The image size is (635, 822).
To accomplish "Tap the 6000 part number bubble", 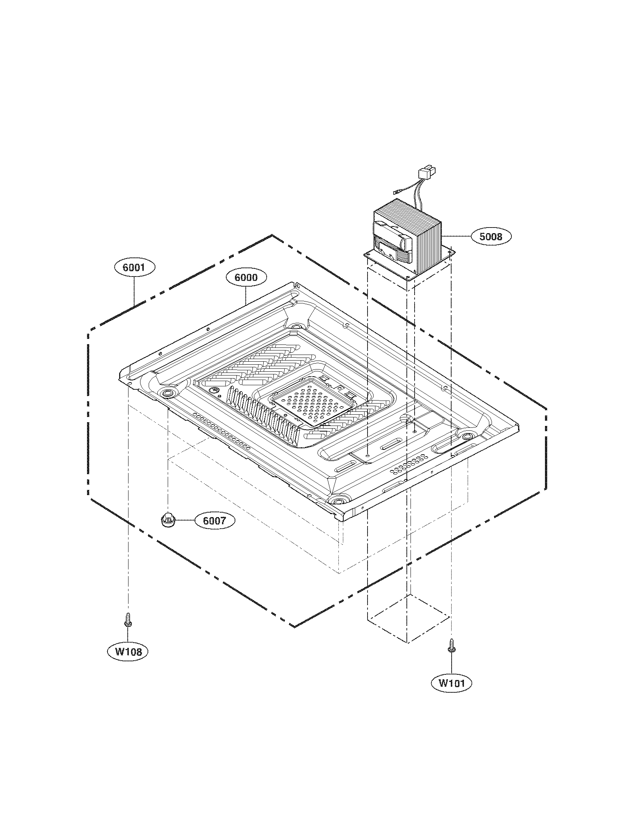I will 246,277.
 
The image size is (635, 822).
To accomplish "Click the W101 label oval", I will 450,683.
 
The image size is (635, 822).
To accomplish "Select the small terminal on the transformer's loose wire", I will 396,194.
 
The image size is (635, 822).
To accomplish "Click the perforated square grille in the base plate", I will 313,402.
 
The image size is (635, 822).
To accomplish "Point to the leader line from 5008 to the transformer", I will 456,236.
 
